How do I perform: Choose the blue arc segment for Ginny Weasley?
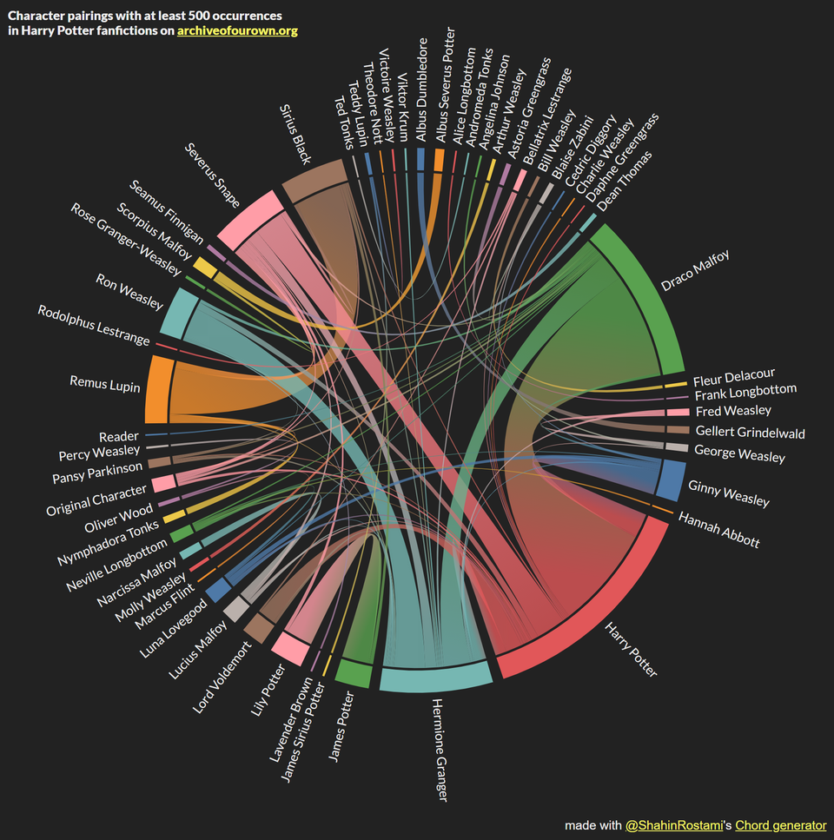coord(669,480)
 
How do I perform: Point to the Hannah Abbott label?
coord(718,530)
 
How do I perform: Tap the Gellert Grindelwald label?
coord(750,433)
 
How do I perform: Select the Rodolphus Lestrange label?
coord(94,325)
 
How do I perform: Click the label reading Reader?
coord(118,437)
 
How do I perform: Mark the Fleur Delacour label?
coord(733,379)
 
